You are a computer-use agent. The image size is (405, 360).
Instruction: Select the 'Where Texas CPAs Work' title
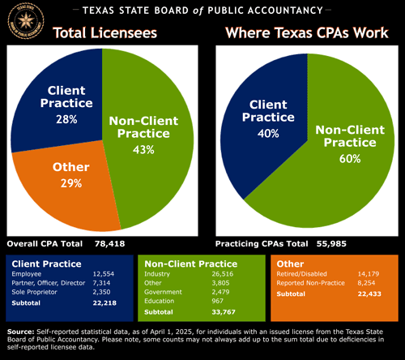(x=305, y=35)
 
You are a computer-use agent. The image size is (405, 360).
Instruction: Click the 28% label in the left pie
(x=66, y=119)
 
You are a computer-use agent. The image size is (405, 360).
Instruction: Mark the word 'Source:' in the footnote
(x=20, y=332)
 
